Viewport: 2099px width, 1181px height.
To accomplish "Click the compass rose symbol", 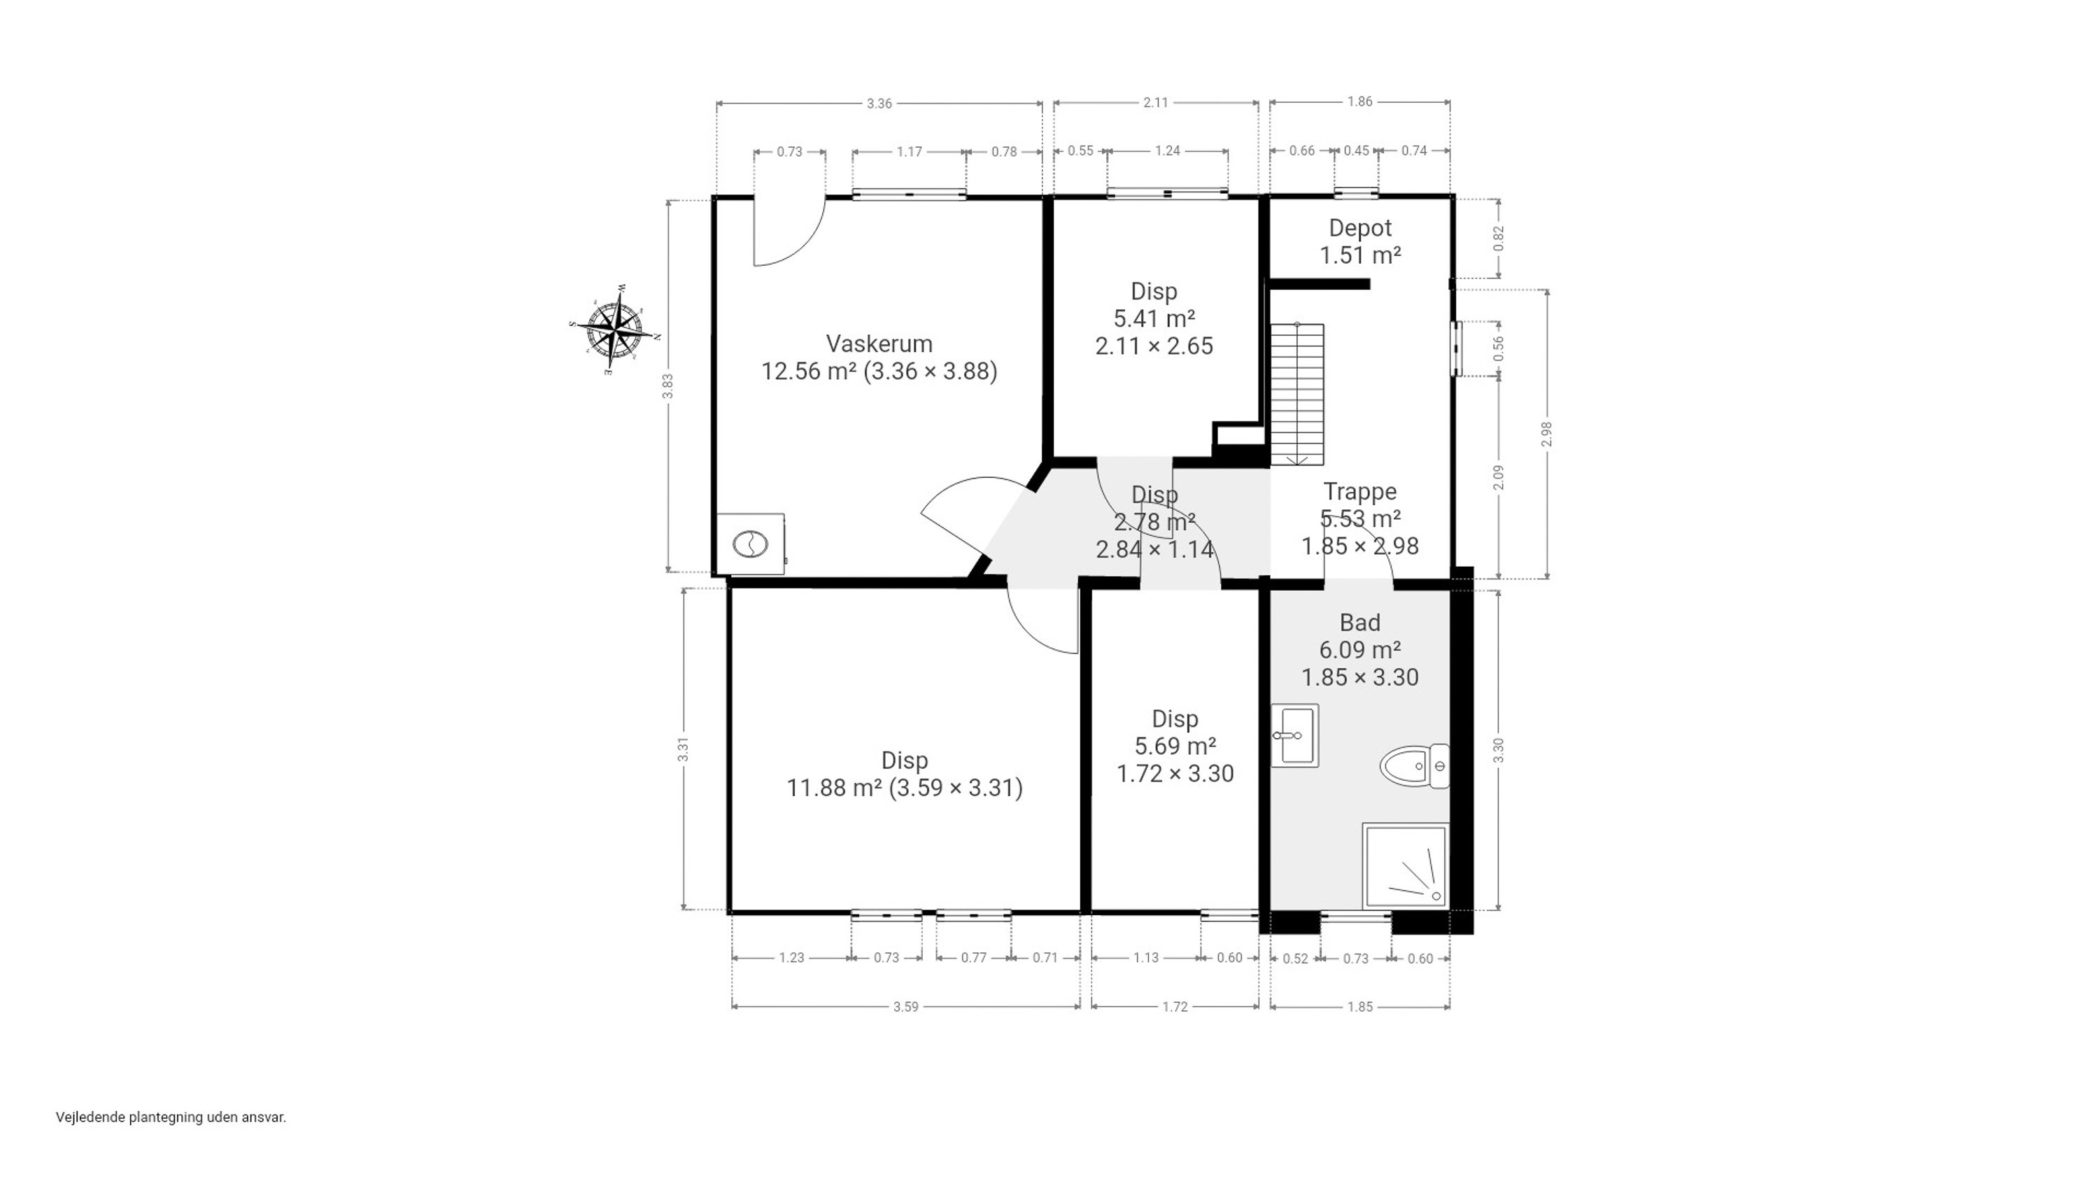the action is click(x=614, y=330).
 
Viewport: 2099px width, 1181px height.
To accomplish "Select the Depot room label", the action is click(x=1360, y=228).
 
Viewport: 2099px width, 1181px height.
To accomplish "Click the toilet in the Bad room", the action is click(x=1415, y=766).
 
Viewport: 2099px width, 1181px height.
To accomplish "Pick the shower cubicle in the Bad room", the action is click(x=1406, y=865).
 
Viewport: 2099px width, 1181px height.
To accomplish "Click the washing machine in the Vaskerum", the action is click(x=751, y=544).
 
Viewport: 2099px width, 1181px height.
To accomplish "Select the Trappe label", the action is click(x=1360, y=491).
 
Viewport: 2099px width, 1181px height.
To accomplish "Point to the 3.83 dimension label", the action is click(x=667, y=386).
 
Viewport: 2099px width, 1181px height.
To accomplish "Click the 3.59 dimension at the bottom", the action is click(x=905, y=1007).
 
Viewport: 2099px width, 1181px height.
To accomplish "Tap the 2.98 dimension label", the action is click(x=1546, y=434).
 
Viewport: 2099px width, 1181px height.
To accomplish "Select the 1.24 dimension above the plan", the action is click(x=1168, y=151).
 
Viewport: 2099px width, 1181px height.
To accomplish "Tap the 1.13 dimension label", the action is click(x=1145, y=958).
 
